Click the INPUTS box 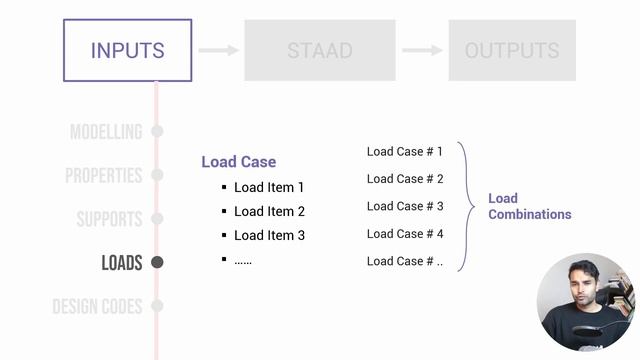(x=127, y=50)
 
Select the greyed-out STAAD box (x=320, y=50)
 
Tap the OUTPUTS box (x=512, y=50)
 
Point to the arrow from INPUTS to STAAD (x=218, y=50)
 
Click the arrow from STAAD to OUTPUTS (x=422, y=50)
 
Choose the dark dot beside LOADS (x=157, y=262)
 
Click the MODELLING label (x=106, y=132)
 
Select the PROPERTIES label (x=104, y=176)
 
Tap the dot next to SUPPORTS (x=157, y=218)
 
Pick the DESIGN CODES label (x=97, y=306)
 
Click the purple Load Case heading (x=239, y=162)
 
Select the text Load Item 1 (x=269, y=187)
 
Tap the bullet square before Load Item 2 (x=224, y=211)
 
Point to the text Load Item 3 (x=269, y=236)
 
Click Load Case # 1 (x=404, y=151)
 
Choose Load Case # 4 (x=405, y=234)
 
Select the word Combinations (x=530, y=214)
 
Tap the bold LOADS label (x=122, y=262)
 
